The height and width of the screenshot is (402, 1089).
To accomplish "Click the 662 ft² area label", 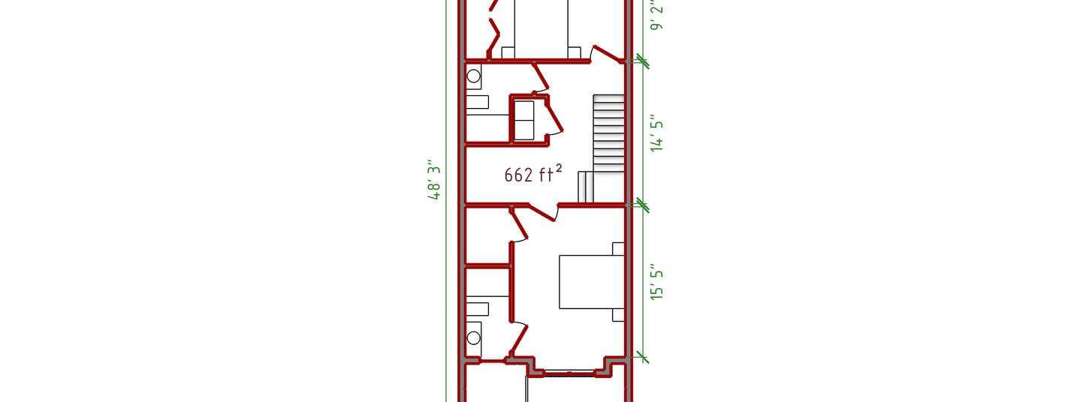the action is pyautogui.click(x=532, y=174).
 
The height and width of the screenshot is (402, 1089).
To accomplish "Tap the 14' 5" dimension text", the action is pyautogui.click(x=657, y=136).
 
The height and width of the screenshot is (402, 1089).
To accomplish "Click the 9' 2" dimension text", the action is pyautogui.click(x=657, y=14).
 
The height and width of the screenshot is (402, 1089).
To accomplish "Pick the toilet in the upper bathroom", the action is pyautogui.click(x=473, y=76).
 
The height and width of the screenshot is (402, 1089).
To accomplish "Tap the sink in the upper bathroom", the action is pyautogui.click(x=478, y=102).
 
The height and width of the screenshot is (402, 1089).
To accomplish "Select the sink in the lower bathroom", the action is pyautogui.click(x=478, y=309).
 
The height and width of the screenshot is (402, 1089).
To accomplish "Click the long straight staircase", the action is pyautogui.click(x=608, y=133).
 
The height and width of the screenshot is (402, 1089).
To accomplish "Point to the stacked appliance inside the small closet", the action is pyautogui.click(x=524, y=121).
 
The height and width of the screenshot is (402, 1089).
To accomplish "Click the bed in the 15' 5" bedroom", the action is pyautogui.click(x=592, y=281).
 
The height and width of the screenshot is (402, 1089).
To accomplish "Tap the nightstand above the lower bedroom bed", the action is pyautogui.click(x=618, y=248).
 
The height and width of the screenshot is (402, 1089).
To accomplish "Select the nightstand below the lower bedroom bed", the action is pyautogui.click(x=618, y=315).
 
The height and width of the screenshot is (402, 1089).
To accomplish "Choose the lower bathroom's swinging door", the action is pyautogui.click(x=520, y=340).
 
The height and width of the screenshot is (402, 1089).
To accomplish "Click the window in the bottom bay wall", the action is pyautogui.click(x=569, y=373).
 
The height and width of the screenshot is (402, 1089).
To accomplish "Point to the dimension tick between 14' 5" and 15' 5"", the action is pyautogui.click(x=642, y=205).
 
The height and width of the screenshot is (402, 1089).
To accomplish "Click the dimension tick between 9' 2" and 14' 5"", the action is pyautogui.click(x=642, y=61).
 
